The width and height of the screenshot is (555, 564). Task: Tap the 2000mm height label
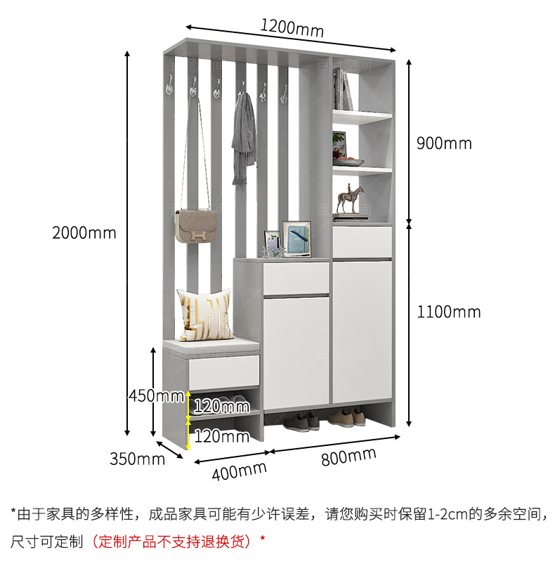[x=84, y=232]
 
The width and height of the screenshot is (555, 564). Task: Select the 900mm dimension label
[x=444, y=143]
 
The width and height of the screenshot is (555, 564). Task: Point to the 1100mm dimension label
[x=448, y=311]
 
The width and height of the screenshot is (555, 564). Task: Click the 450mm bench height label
[x=156, y=395]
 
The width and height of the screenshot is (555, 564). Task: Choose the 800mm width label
[x=349, y=457]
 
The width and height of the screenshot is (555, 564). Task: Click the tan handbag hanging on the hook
[x=194, y=226]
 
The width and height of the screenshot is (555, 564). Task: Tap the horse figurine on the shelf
[x=351, y=199]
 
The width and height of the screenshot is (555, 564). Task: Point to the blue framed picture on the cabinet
[x=296, y=237]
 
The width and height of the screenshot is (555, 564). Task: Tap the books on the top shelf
[x=344, y=89]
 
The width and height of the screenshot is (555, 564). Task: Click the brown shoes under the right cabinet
[x=344, y=417]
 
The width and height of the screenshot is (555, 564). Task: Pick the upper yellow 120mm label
[x=221, y=405]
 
